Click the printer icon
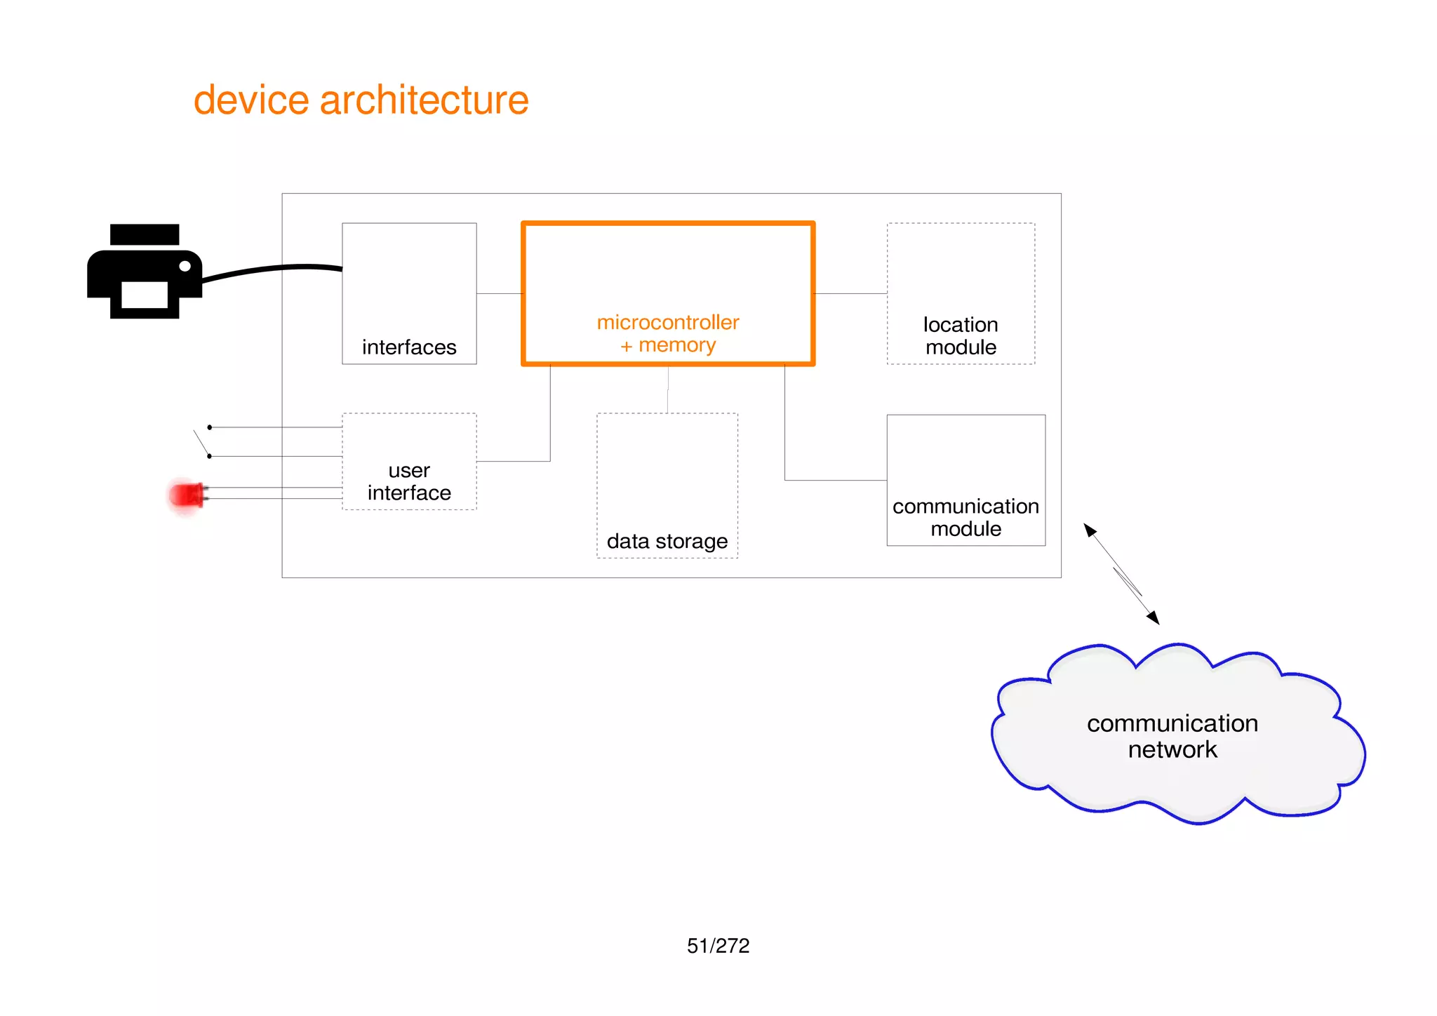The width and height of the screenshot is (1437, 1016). point(144,272)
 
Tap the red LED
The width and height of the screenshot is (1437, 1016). point(187,495)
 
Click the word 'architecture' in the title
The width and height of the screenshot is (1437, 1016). point(424,100)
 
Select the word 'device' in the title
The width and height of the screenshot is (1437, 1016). point(250,100)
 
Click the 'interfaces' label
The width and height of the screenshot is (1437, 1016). point(409,347)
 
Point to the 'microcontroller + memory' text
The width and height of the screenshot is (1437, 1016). point(668,333)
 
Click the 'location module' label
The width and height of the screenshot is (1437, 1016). point(961,335)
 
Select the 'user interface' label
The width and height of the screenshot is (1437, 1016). point(409,481)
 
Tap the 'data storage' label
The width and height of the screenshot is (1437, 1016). point(667,541)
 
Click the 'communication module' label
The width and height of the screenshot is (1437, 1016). point(965,517)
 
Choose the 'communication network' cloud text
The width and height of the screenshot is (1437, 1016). point(1172,736)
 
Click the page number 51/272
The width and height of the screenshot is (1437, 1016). point(718,946)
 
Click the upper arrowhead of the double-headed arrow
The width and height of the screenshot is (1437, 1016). point(1089,529)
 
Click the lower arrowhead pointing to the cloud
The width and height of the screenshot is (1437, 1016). point(1153,617)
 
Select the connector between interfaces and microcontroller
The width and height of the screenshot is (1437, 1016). point(499,293)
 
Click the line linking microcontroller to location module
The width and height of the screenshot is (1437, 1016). point(850,293)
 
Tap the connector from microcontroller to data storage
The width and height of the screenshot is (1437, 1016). point(667,389)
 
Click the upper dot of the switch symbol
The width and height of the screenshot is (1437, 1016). point(209,427)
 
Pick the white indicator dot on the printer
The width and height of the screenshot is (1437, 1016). point(185,266)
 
